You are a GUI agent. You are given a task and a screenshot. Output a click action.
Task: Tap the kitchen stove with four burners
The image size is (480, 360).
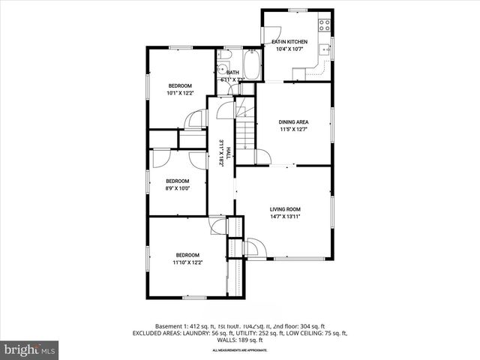pyautogui.click(x=325, y=24)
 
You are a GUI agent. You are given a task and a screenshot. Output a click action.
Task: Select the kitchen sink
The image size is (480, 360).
pyautogui.click(x=324, y=50)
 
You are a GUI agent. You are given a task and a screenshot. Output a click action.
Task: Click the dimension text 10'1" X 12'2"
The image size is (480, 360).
pyautogui.click(x=180, y=94)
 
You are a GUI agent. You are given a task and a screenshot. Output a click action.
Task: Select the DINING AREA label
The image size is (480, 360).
pyautogui.click(x=293, y=121)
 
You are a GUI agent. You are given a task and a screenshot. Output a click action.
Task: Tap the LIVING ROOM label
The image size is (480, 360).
pyautogui.click(x=285, y=209)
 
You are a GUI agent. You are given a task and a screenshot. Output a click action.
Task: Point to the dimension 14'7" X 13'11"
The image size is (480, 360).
pyautogui.click(x=285, y=217)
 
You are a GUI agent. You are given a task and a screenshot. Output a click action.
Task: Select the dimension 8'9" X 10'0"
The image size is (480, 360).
pyautogui.click(x=178, y=189)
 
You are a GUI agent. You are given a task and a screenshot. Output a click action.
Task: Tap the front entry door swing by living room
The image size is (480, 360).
pyautogui.click(x=252, y=247)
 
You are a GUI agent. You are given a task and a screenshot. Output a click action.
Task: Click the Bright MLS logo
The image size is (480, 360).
pyautogui.click(x=30, y=349)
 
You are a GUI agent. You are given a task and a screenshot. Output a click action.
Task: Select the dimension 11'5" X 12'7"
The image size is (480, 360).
pyautogui.click(x=293, y=130)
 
